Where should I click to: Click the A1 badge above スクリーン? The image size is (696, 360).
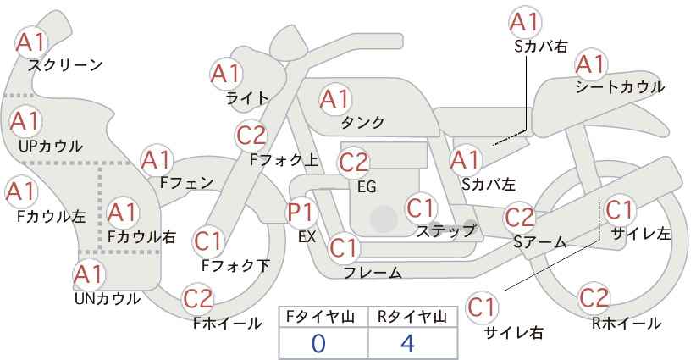pos(31,42)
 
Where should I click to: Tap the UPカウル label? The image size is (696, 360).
pos(51,146)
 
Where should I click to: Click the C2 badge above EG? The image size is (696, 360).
pos(354,162)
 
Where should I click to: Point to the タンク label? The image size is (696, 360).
pos(362,122)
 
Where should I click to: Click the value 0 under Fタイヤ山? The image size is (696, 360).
pos(318,343)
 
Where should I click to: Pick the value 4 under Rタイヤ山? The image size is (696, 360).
pos(407,343)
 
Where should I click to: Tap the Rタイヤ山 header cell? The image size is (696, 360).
pos(412,317)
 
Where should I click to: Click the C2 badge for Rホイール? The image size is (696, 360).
pos(594,297)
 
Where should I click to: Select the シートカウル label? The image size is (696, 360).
pos(620,86)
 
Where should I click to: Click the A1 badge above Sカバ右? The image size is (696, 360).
pos(525,22)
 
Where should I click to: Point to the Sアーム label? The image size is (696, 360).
pos(540,242)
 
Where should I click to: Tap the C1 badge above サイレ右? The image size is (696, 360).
pos(482,307)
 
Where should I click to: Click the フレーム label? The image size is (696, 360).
pos(373,272)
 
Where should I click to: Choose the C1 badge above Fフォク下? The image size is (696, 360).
pos(207,241)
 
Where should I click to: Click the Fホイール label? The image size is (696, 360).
pos(228,324)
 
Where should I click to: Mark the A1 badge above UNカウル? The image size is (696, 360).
pos(89,275)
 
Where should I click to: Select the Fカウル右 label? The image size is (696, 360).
pos(142,236)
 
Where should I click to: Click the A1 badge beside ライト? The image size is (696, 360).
pos(226,73)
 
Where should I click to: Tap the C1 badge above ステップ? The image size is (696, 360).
pos(420,208)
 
